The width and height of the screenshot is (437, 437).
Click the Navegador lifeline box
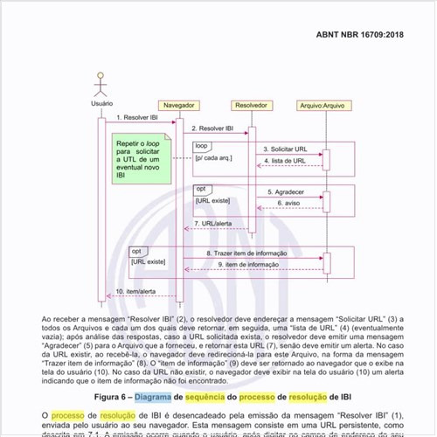click(178, 105)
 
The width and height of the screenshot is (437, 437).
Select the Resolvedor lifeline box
click(251, 105)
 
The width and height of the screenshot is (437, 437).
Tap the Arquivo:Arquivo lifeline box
click(324, 105)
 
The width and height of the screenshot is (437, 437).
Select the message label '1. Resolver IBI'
click(135, 116)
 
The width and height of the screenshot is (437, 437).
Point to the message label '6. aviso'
click(289, 203)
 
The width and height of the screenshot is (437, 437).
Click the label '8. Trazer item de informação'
click(246, 253)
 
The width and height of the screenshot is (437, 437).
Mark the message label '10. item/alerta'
click(135, 291)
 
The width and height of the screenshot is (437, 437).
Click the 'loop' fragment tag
click(202, 145)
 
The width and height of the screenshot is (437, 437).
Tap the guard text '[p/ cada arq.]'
click(213, 158)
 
